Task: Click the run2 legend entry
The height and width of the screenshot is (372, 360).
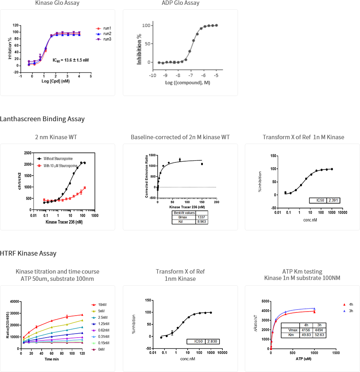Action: [x=106, y=34]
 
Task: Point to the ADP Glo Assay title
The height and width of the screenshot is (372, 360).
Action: [x=180, y=3]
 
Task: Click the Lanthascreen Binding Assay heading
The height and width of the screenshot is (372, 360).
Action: [x=42, y=119]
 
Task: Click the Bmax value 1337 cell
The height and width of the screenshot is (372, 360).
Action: [x=201, y=217]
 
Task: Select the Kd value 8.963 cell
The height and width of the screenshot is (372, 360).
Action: [x=201, y=221]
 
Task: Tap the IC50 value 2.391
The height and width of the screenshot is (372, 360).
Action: [x=333, y=200]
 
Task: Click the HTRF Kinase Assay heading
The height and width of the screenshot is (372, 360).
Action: [x=28, y=254]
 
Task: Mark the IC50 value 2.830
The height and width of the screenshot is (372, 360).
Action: [x=213, y=342]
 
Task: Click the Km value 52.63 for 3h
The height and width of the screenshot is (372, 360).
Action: [x=319, y=335]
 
